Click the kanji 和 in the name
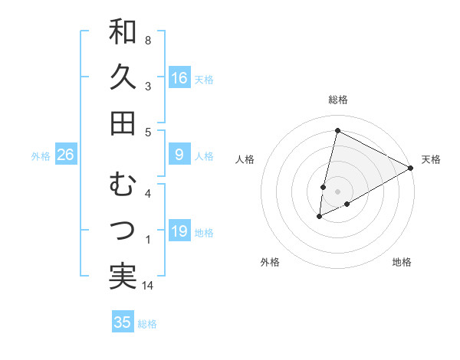pos(123,33)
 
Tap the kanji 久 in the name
pos(123,78)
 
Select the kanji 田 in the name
pos(123,123)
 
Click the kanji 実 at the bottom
pos(123,276)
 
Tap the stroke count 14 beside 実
pos(149,286)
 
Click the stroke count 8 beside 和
pos(147,40)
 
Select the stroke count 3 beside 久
pos(147,86)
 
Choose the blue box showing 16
pos(179,78)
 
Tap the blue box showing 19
pos(179,231)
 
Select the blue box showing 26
pos(65,155)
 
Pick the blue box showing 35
pos(123,322)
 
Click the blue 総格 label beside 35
pos(147,324)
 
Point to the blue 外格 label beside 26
pos(41,156)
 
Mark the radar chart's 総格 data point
pos(337,131)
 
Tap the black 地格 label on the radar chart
pos(402,262)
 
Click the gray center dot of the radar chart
pos(337,191)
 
